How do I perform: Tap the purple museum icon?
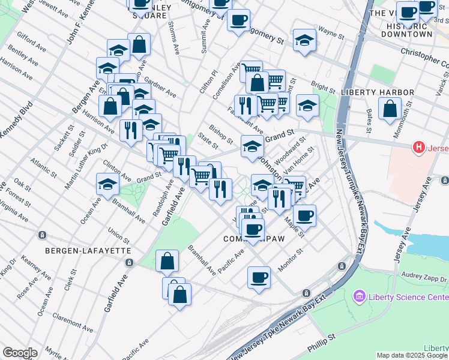click(359, 296)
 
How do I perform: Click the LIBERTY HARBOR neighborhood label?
click(377, 92)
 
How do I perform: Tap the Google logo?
click(20, 353)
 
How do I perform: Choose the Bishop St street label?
click(221, 134)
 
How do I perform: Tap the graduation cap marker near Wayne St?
click(305, 40)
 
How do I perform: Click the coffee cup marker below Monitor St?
click(259, 277)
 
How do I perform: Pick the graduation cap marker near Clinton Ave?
click(107, 184)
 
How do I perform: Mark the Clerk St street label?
click(72, 279)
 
